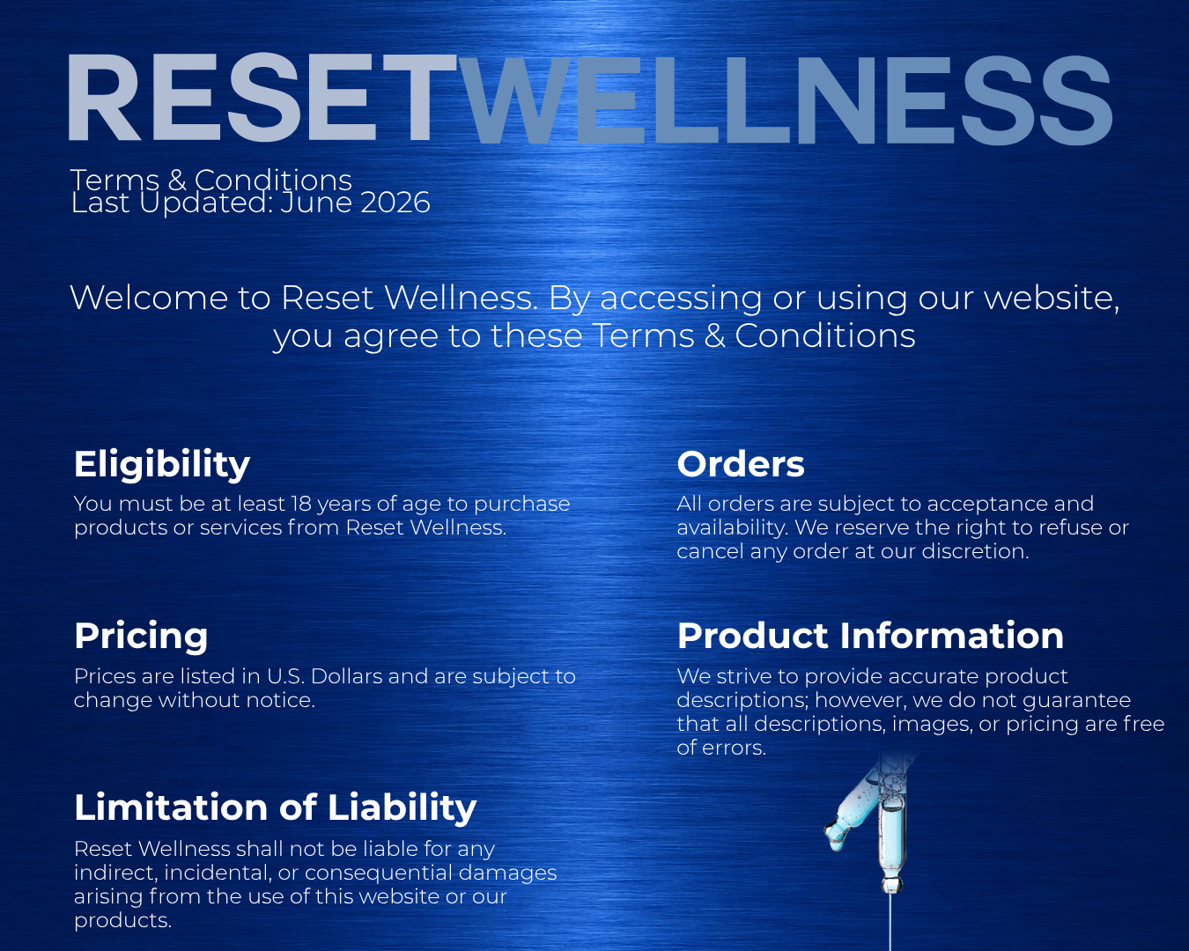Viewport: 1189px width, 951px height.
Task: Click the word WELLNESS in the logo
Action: coord(785,100)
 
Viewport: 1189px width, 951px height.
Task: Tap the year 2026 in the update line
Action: coord(395,203)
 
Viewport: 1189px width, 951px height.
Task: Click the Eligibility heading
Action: coord(162,465)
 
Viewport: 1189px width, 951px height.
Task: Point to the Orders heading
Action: coord(741,464)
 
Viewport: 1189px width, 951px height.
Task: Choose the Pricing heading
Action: coord(141,637)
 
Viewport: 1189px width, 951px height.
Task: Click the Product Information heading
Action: coord(870,636)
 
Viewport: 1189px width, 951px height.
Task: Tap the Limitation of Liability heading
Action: coord(275,807)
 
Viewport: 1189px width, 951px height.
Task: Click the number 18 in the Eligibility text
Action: coord(301,504)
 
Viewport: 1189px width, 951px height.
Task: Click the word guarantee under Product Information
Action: coord(1077,701)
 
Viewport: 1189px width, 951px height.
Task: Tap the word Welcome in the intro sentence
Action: coord(149,298)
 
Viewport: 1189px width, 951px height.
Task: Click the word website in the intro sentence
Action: coord(1052,299)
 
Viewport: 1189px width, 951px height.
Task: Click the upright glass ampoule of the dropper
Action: coord(890,840)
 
